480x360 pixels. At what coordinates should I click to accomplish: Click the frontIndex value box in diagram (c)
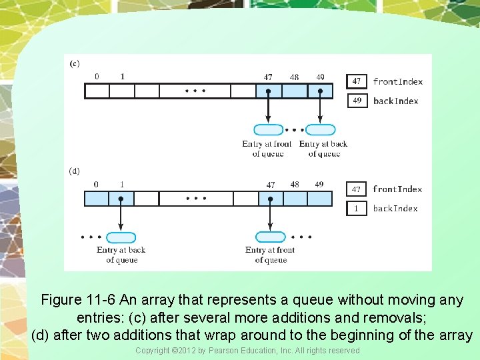(x=357, y=81)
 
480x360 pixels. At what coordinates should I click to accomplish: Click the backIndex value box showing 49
(x=357, y=101)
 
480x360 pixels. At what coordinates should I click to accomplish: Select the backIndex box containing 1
(x=357, y=208)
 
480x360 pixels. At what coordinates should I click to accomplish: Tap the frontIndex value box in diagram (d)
(x=357, y=189)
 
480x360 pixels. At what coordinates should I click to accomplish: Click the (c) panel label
(x=75, y=63)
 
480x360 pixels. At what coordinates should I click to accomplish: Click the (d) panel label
(x=75, y=171)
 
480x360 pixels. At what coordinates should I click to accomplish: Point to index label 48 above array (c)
(x=294, y=77)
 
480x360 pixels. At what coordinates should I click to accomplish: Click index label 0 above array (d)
(x=96, y=184)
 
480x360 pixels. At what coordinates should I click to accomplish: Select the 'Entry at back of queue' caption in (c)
(x=323, y=149)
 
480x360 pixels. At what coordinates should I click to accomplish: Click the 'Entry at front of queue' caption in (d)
(x=270, y=255)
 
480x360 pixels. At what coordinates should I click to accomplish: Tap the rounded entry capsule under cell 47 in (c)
(x=269, y=130)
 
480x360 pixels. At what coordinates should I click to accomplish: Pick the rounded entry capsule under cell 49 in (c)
(x=320, y=130)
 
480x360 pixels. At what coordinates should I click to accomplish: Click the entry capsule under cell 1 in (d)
(x=121, y=237)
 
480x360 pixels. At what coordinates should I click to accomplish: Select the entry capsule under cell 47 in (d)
(x=270, y=237)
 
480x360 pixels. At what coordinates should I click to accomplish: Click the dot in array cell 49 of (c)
(x=320, y=91)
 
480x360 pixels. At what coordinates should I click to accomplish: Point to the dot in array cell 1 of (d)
(x=121, y=198)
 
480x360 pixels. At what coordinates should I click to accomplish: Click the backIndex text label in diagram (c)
(x=396, y=101)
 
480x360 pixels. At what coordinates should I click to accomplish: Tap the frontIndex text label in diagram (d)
(x=397, y=189)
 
